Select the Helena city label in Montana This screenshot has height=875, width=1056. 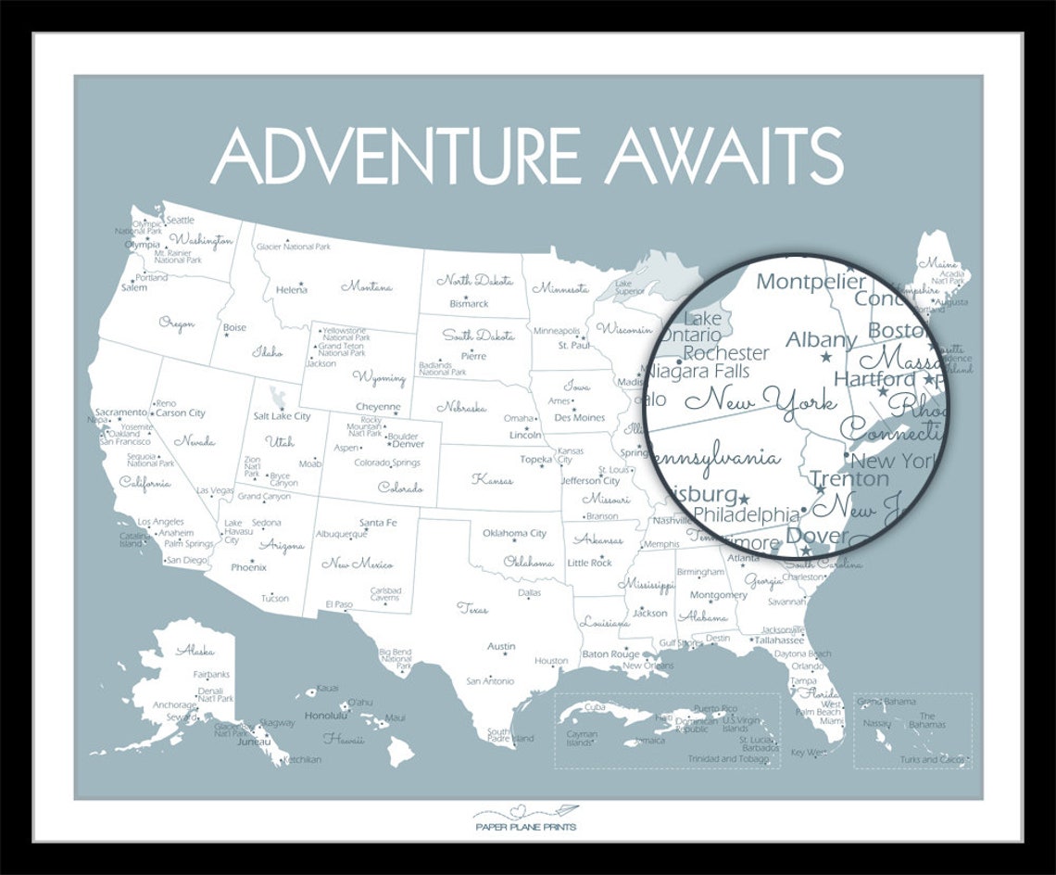pos(291,290)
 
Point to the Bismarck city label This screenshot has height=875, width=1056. pos(469,303)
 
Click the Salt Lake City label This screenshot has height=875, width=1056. pos(282,416)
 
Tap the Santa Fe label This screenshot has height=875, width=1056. pos(378,523)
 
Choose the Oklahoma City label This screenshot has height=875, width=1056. pos(514,533)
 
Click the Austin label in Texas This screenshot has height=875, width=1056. pos(501,646)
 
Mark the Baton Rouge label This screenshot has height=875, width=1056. pos(610,654)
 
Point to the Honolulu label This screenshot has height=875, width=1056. pos(325,716)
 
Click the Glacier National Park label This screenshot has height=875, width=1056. pos(293,247)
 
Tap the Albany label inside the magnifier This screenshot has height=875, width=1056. pos(821,340)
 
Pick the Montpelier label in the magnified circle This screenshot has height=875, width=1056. pos(811,282)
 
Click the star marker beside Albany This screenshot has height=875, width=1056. pos(826,357)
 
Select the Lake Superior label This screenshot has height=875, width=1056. pos(630,287)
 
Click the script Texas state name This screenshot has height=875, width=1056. pos(471,609)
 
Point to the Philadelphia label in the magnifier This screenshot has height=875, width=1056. pos(746,514)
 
